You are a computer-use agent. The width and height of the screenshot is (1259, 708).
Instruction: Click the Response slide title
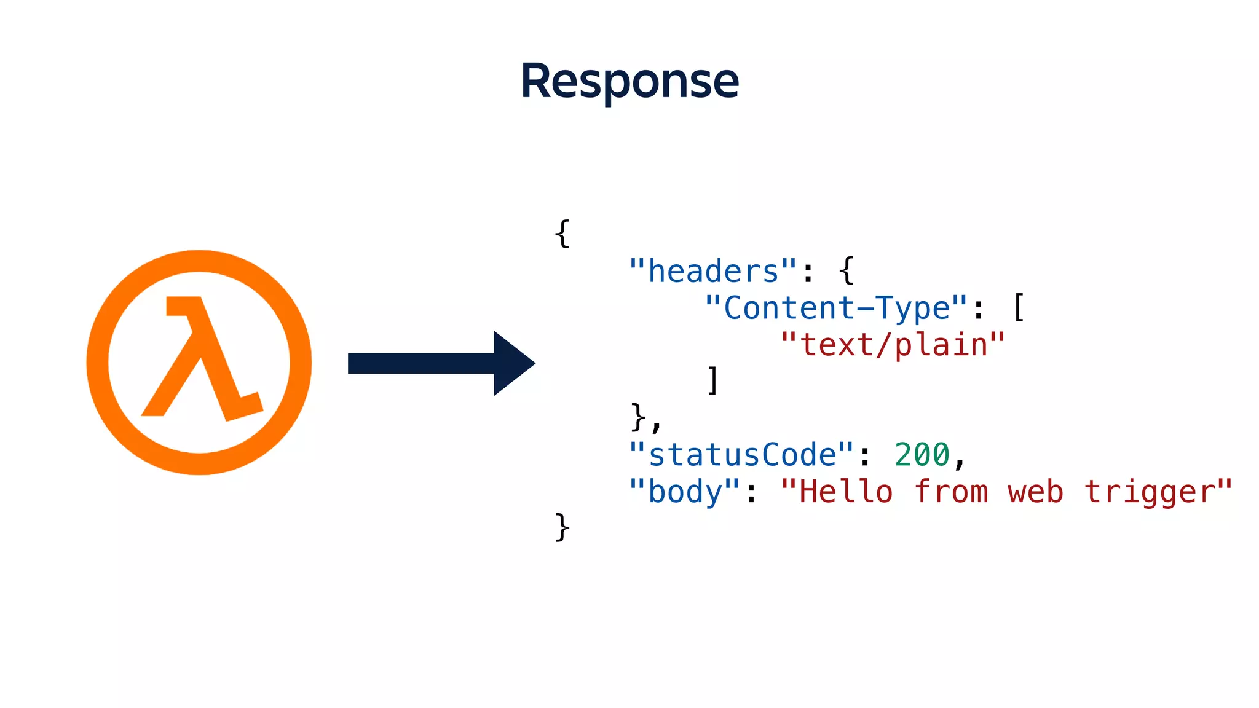[x=629, y=81]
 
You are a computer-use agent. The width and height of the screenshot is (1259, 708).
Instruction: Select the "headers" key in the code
[x=713, y=271]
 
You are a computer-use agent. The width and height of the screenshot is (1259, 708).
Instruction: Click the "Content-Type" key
[x=836, y=308]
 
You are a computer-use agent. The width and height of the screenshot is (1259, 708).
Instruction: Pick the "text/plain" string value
[x=893, y=345]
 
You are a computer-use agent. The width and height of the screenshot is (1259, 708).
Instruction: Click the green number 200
[x=922, y=455]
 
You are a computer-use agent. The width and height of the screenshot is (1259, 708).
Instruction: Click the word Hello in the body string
[x=846, y=492]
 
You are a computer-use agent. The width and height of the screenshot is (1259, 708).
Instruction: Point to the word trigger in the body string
[x=1150, y=492]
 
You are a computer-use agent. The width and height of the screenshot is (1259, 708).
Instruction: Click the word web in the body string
[x=1035, y=492]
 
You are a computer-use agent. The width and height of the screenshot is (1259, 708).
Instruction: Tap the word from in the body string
[x=951, y=492]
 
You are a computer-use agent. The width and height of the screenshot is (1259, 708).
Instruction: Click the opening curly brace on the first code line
[x=562, y=234]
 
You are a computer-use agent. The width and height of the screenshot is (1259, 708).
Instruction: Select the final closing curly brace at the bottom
[x=562, y=527]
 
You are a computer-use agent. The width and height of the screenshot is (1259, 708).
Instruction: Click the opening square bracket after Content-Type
[x=1018, y=307]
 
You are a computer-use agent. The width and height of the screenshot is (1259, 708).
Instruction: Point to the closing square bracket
[x=713, y=380]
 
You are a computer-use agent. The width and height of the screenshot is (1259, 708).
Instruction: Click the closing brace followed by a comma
[x=638, y=417]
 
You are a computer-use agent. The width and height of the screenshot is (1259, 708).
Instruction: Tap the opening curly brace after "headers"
[x=847, y=270]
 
